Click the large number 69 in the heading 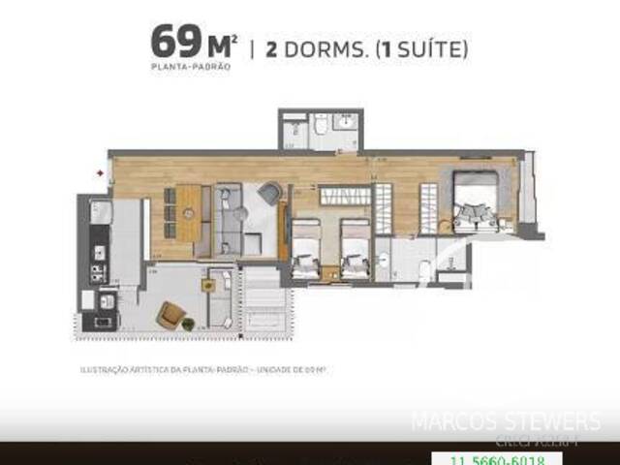[x=170, y=43]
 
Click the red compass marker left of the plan [x=99, y=173]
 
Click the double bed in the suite [x=477, y=199]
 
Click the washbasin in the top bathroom [x=346, y=123]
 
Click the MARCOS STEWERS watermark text [x=506, y=422]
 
